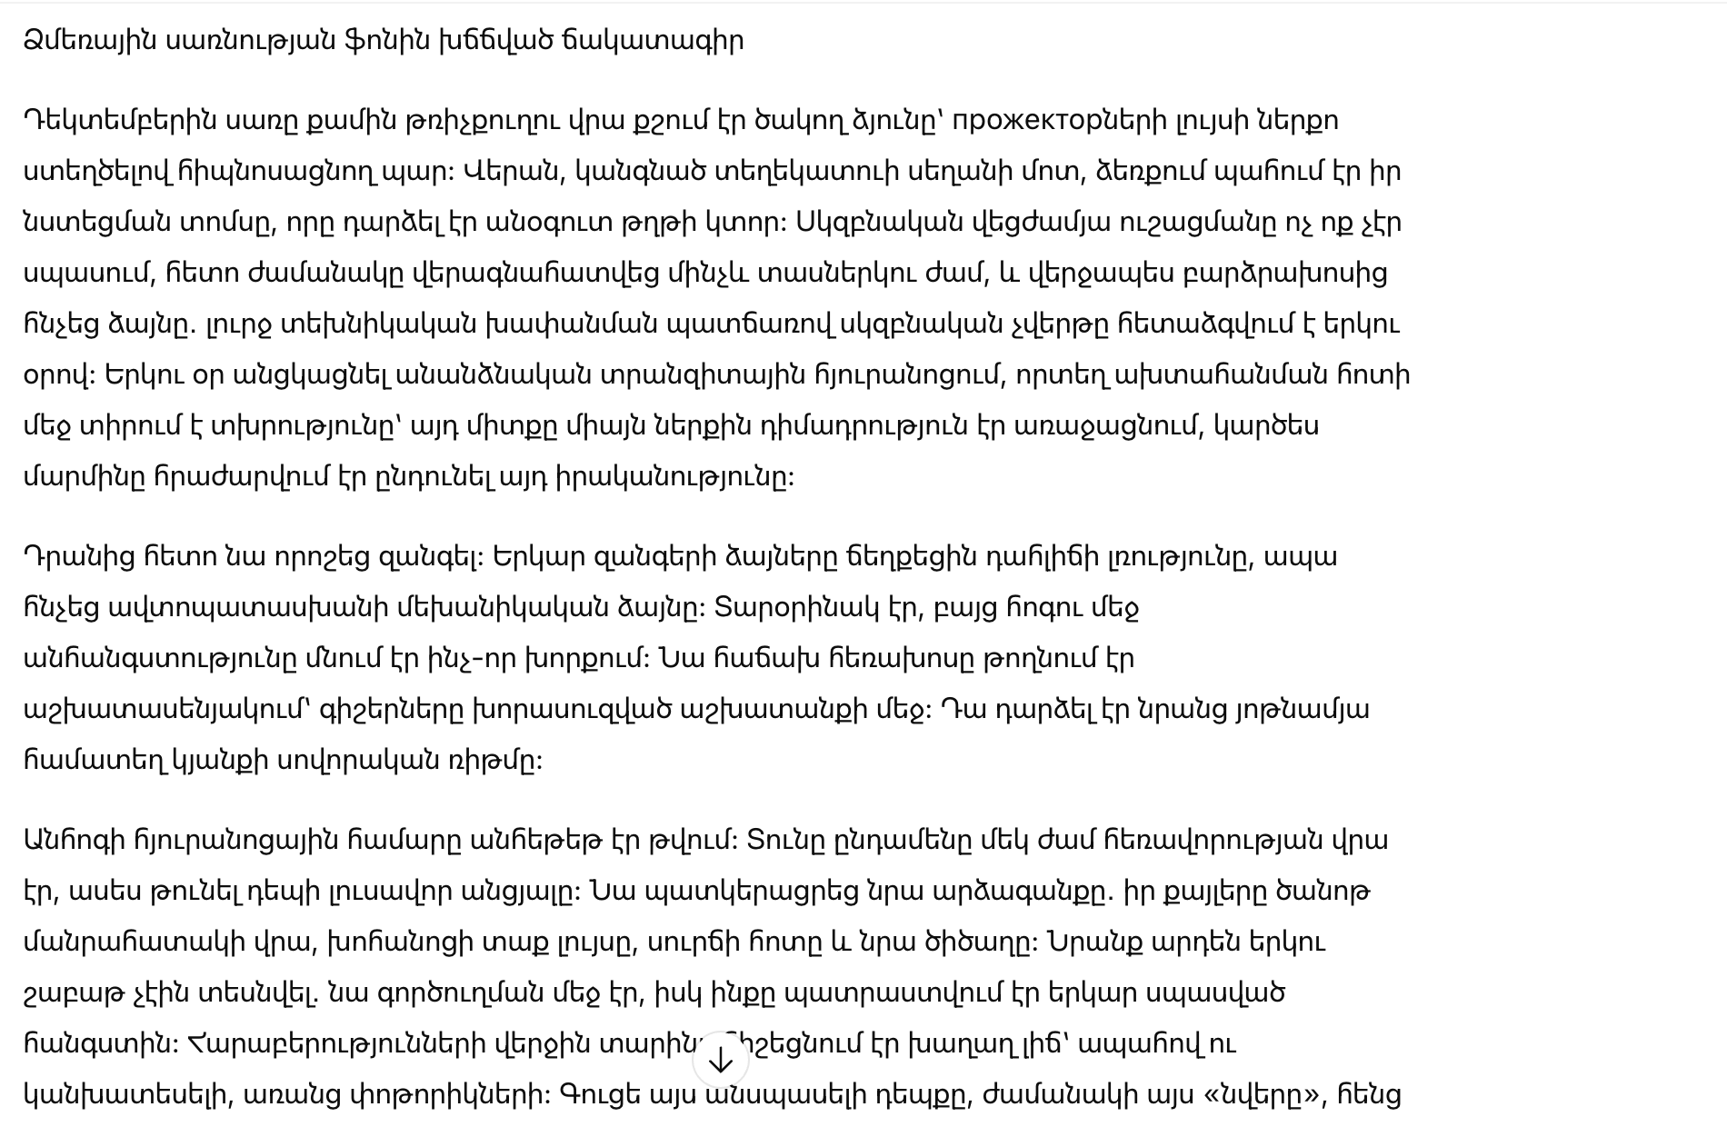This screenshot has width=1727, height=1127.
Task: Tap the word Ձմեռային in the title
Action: click(89, 41)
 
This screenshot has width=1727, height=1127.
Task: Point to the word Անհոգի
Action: click(75, 840)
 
